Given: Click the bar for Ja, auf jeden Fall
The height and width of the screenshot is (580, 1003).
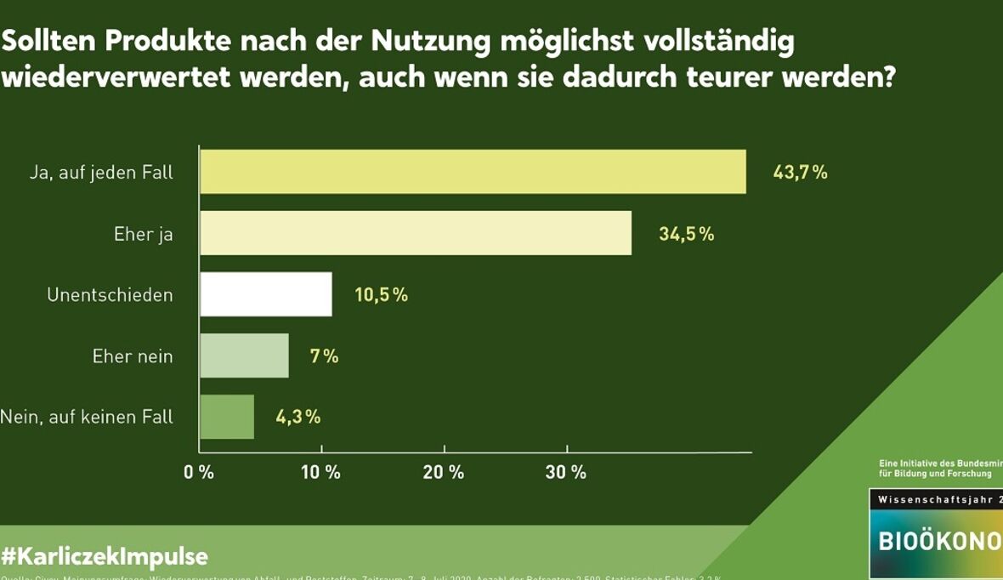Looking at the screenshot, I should (473, 172).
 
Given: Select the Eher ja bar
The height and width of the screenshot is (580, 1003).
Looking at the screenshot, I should (416, 233).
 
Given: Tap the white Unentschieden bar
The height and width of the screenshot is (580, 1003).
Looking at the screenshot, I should (266, 294).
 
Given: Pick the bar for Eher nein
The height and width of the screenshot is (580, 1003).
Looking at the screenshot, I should (245, 355).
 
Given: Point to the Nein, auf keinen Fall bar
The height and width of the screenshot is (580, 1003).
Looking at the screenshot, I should (227, 417).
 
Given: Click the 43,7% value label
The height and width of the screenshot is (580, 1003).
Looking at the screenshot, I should (800, 173).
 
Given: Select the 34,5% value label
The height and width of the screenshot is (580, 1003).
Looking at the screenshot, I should (686, 234).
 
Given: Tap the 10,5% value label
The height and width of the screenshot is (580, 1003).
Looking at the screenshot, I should (381, 295).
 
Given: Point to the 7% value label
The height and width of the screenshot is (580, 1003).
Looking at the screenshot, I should (324, 356).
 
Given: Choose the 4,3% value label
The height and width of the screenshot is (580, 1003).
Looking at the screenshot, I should (297, 417).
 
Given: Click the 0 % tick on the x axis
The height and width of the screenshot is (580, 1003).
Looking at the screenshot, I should (199, 472).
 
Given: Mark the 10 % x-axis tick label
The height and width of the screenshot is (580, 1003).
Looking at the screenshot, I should (321, 472).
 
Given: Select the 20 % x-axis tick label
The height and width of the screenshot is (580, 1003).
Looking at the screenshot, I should (444, 472).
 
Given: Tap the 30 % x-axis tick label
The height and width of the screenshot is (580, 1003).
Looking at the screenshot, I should (566, 472).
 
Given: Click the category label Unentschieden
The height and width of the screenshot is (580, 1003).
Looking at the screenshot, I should (110, 295).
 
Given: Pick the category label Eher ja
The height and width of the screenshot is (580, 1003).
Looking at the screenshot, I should (143, 234).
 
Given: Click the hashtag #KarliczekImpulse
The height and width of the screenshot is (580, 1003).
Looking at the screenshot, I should (105, 557).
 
